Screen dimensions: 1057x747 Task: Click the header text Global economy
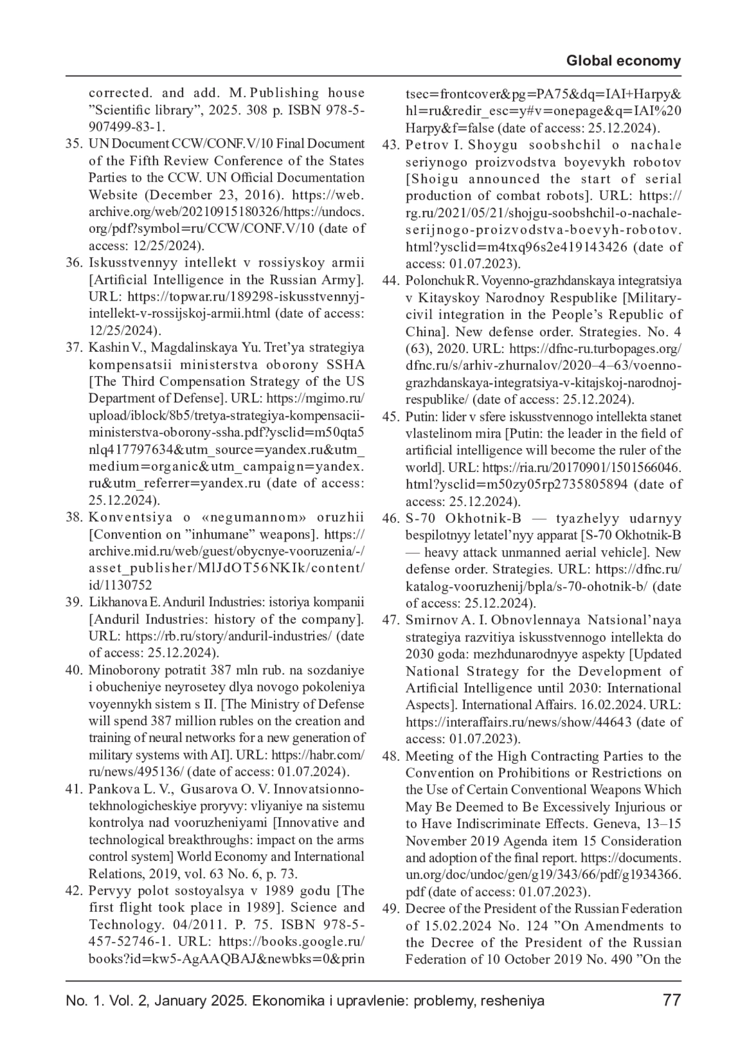pos(623,61)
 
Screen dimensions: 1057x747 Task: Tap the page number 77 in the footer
pos(672,1000)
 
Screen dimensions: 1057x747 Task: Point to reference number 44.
pos(390,281)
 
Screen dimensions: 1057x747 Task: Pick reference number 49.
pos(390,909)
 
